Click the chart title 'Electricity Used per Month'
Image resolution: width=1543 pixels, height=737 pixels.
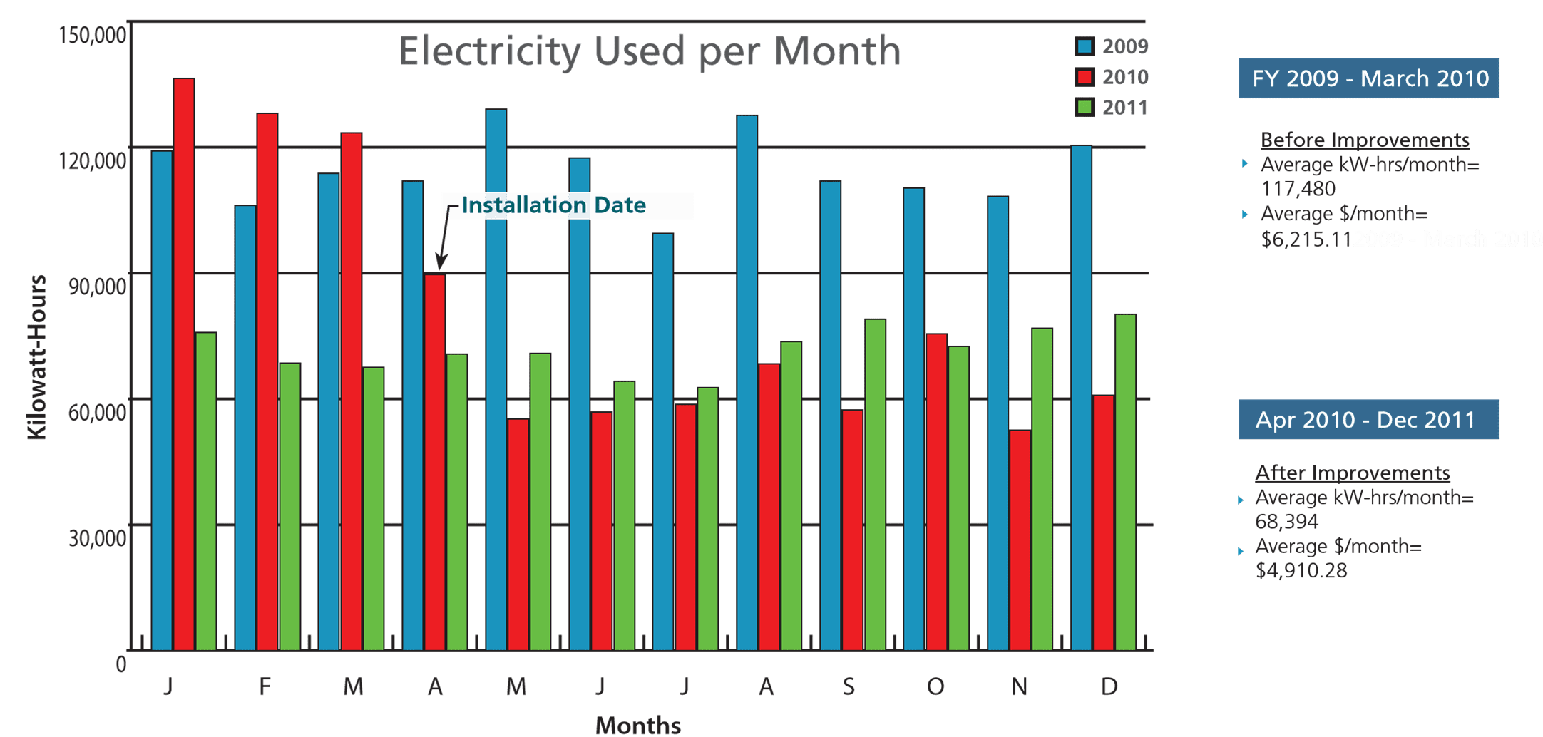coord(649,51)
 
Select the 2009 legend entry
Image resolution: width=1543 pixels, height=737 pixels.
coord(1112,47)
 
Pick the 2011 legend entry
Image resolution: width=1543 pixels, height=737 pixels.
coord(1112,108)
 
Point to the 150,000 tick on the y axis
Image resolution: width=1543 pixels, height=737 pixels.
coord(92,34)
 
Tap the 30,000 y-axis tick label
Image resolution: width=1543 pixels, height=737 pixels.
coord(97,538)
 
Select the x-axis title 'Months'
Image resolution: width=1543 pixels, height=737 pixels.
coord(638,725)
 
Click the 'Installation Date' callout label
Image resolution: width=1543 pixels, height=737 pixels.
coord(553,205)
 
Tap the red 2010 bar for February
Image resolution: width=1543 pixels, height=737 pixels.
coord(267,381)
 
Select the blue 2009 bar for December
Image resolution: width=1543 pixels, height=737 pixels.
coord(1081,398)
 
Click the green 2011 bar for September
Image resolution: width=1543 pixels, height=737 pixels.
coord(875,485)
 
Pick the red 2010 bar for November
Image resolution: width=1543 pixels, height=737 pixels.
coord(1020,540)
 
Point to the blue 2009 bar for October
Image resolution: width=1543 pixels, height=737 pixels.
coord(913,419)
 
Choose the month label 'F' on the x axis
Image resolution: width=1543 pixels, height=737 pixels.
coord(265,686)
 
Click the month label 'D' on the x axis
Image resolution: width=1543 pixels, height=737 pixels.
coord(1109,686)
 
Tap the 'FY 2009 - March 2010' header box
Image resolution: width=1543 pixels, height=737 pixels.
coord(1369,78)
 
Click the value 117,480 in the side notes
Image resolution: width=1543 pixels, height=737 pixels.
coord(1298,189)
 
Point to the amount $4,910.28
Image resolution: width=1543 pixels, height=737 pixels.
coord(1301,570)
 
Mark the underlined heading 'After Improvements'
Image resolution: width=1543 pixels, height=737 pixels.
coord(1352,473)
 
